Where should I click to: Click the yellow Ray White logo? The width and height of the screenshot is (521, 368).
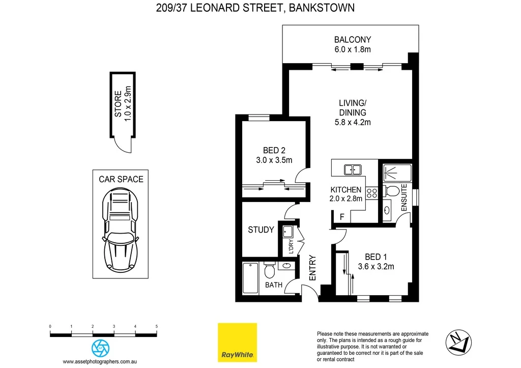(x=237, y=342)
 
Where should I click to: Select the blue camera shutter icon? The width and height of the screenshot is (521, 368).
(x=100, y=348)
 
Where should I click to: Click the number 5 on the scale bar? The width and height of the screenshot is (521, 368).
(x=157, y=326)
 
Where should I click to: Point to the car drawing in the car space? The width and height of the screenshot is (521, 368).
(x=120, y=230)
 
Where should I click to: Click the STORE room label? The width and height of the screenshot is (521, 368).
(x=118, y=104)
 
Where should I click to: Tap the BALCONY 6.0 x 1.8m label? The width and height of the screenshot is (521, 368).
(x=353, y=44)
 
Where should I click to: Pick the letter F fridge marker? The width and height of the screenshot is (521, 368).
(x=342, y=217)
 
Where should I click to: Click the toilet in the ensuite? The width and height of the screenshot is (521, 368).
(x=392, y=191)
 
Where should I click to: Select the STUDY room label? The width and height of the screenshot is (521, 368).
(x=261, y=230)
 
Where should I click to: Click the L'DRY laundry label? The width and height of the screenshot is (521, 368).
(x=292, y=246)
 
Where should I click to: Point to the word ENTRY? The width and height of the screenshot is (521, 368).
(x=313, y=267)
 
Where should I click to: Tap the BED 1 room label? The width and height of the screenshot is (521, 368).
(x=377, y=257)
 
